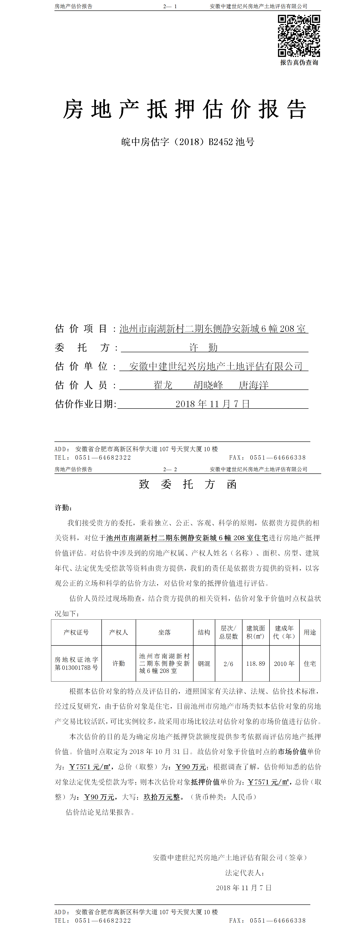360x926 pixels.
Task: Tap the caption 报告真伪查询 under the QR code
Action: (299, 63)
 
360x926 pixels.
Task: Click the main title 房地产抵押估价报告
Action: (184, 109)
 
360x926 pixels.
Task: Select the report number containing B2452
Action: (188, 142)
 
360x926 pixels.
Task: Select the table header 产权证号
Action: (76, 632)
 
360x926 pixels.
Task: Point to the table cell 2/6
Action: (228, 664)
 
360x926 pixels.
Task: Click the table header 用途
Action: (310, 632)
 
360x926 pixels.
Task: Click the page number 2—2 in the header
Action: (170, 469)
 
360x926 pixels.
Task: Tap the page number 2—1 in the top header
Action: (170, 6)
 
